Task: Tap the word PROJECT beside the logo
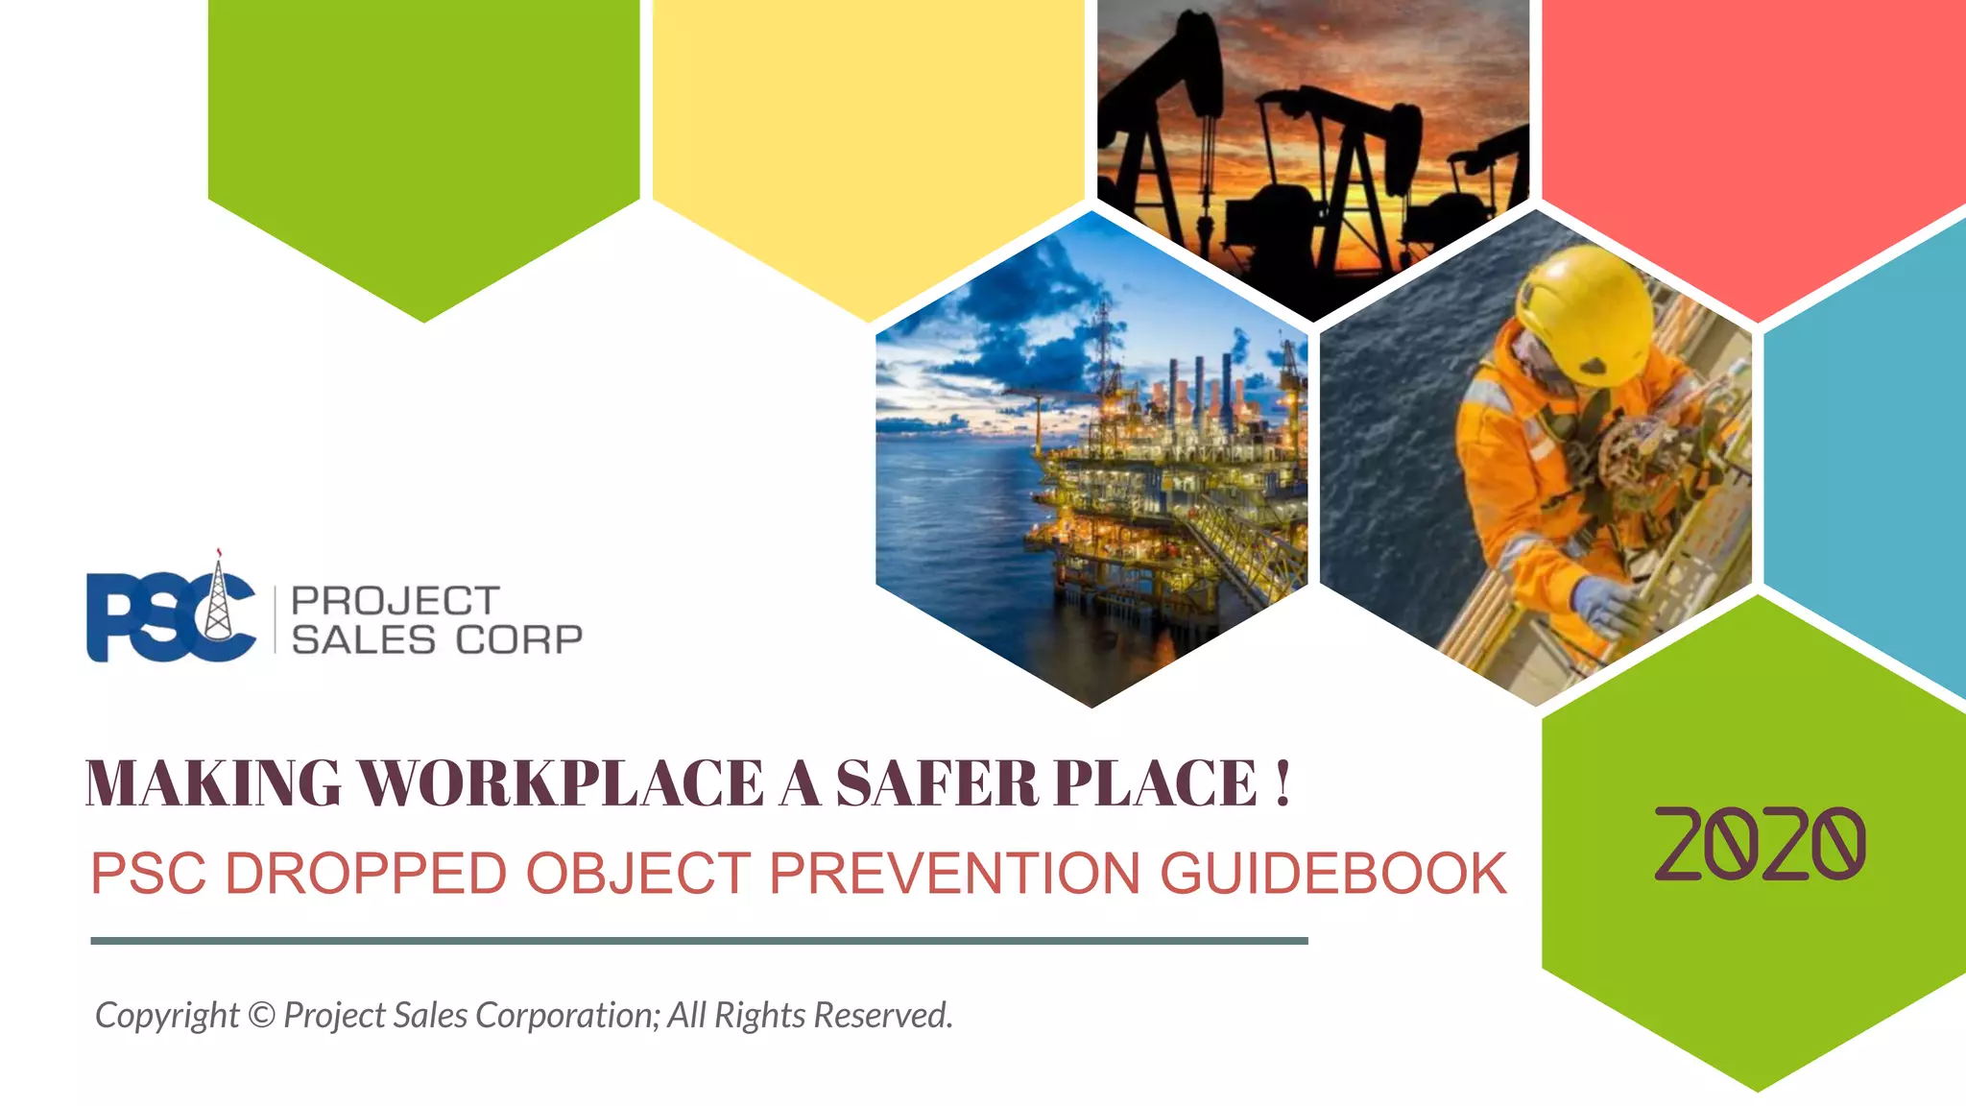[395, 601]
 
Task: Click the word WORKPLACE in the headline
[561, 783]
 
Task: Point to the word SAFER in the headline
[937, 783]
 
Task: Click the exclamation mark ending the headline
[1283, 783]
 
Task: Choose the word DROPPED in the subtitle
[366, 874]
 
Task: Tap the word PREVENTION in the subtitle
[954, 874]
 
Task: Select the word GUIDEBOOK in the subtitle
[1333, 874]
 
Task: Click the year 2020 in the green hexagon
[1760, 844]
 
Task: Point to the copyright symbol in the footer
[261, 1015]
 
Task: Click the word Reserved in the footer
[882, 1015]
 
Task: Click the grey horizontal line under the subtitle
[699, 941]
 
